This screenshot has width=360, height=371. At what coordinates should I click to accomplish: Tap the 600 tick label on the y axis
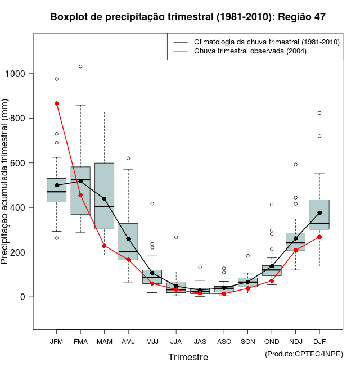[x=20, y=163]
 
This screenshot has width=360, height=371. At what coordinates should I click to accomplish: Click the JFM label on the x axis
[x=56, y=341]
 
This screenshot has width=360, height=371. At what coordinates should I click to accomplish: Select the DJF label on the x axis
[x=319, y=341]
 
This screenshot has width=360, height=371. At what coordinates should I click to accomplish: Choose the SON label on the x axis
[x=247, y=341]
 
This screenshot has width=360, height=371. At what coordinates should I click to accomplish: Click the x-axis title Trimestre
[x=188, y=357]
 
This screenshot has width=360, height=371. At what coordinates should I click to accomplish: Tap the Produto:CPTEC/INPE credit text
[x=304, y=354]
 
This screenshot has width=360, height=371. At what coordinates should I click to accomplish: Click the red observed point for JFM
[x=57, y=103]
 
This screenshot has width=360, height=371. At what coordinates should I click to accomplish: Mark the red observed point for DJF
[x=319, y=237]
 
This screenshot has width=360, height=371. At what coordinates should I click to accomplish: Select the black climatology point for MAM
[x=105, y=199]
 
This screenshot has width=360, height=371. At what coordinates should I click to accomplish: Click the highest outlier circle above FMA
[x=80, y=66]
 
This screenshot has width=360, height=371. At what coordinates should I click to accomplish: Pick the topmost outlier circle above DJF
[x=319, y=113]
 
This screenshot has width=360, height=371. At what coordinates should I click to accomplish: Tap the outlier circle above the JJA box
[x=176, y=237]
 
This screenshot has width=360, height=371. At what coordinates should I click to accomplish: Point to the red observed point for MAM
[x=105, y=246]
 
